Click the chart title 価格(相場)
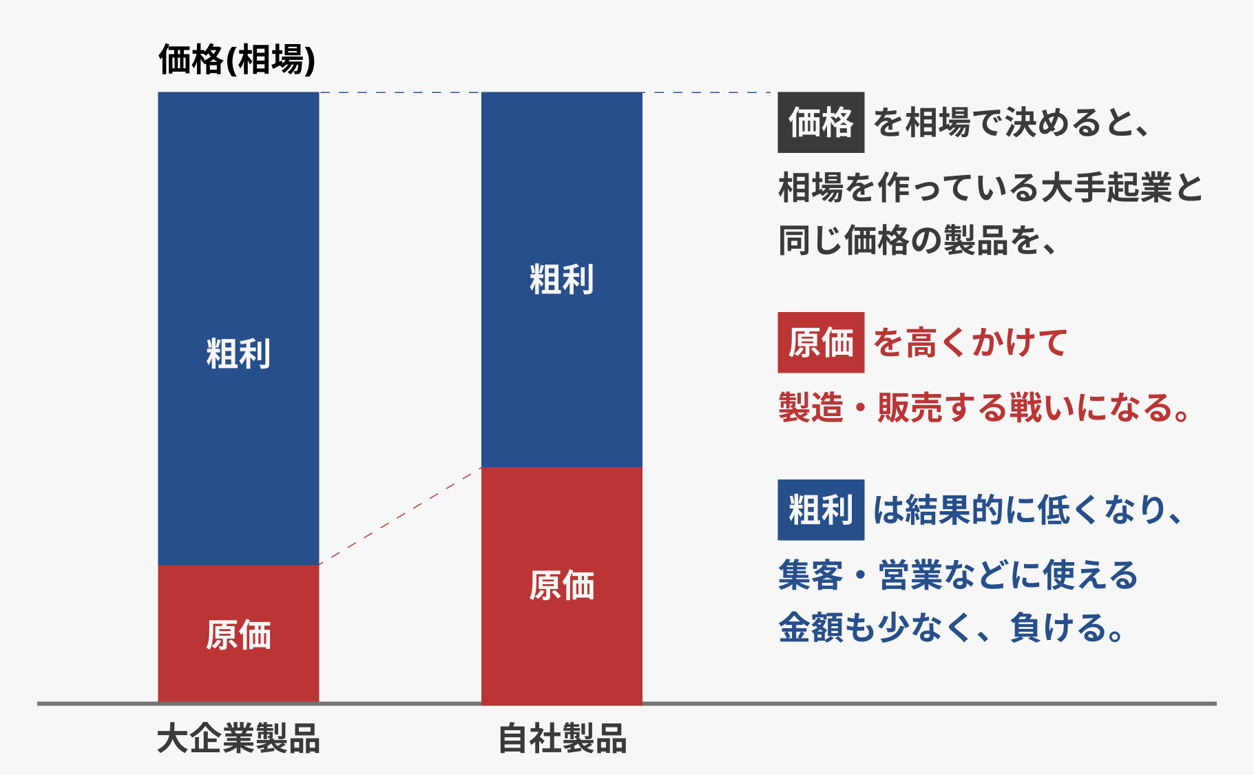237,60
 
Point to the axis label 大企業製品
238,738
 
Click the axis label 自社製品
562,738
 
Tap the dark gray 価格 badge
821,123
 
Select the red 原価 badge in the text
821,342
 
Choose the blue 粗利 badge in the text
821,510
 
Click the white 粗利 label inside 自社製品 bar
561,280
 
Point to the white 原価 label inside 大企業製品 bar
238,635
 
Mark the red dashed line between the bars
400,516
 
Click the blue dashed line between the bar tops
400,92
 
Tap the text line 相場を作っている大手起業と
990,187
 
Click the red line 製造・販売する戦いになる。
984,407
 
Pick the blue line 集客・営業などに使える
958,575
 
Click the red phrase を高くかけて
970,342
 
